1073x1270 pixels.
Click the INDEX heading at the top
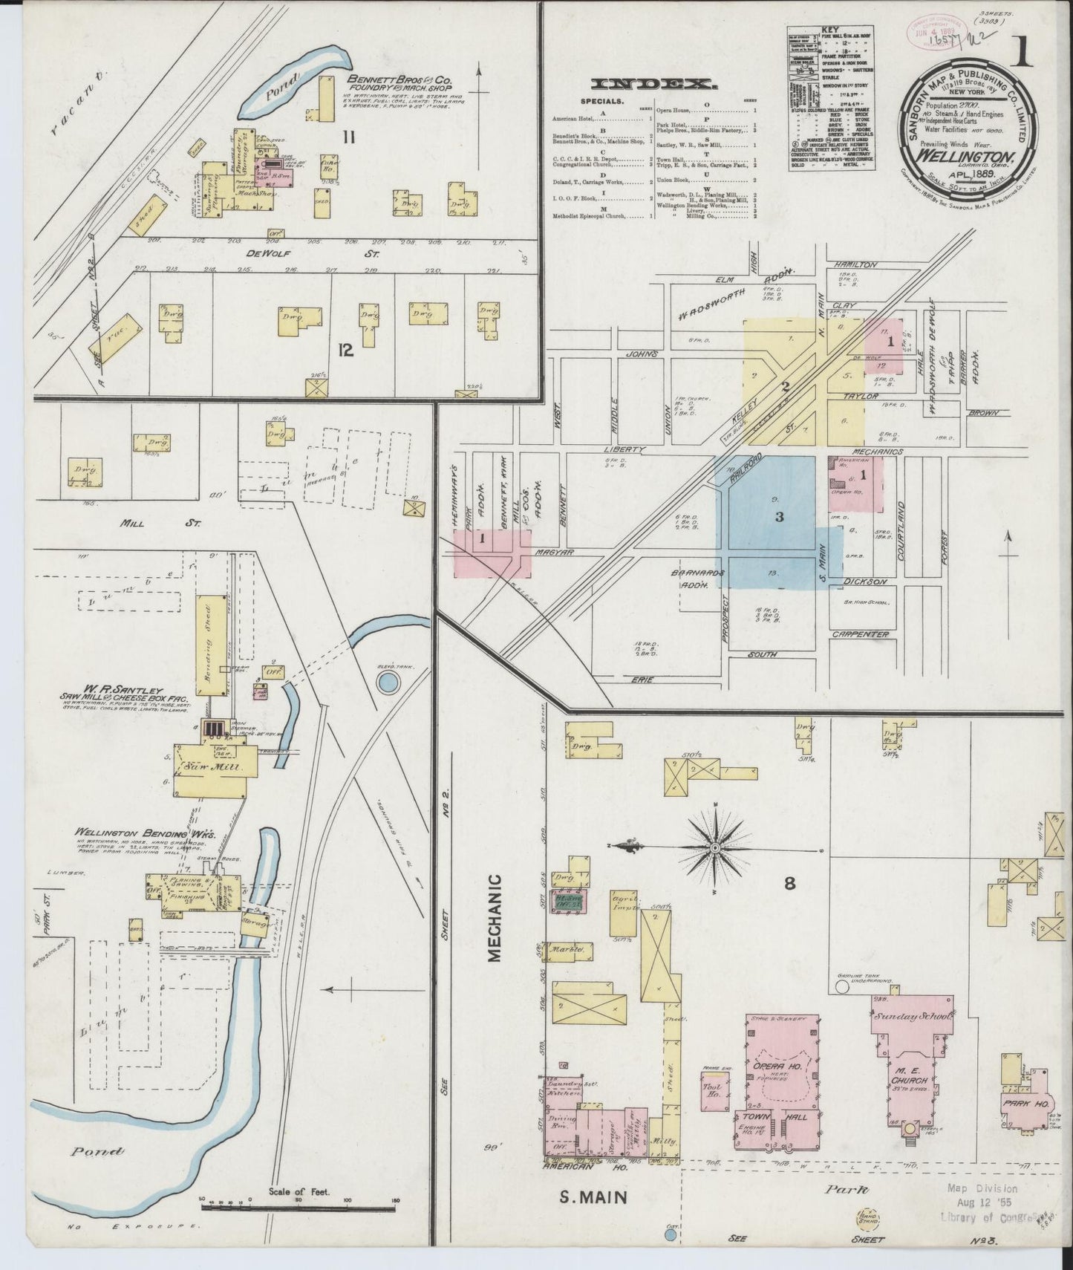click(654, 83)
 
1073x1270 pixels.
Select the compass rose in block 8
click(715, 847)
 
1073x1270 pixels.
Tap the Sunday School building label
click(912, 1016)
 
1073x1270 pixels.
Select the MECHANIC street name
click(495, 917)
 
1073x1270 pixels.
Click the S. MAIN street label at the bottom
click(593, 1197)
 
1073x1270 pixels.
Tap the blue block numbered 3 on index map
click(778, 517)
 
